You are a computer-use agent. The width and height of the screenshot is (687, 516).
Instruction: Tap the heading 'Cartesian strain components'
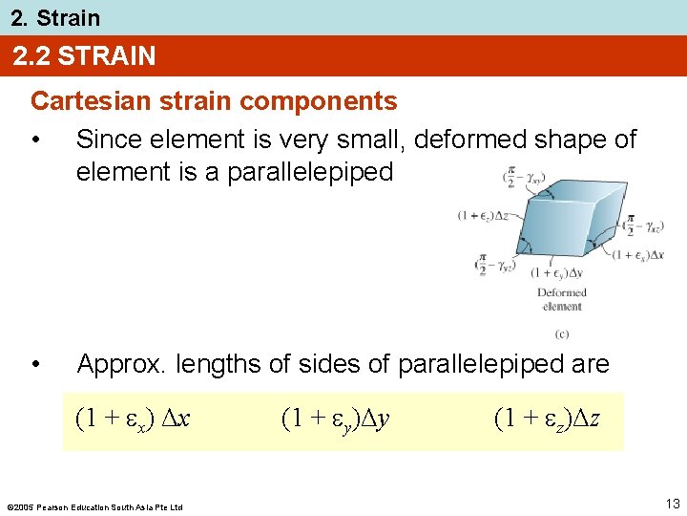pyautogui.click(x=214, y=100)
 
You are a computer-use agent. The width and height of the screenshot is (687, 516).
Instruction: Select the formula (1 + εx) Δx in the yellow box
pyautogui.click(x=133, y=419)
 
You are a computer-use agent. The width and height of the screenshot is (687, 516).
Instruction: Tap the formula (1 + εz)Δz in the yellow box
pyautogui.click(x=547, y=419)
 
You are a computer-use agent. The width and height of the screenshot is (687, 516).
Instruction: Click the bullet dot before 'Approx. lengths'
pyautogui.click(x=35, y=364)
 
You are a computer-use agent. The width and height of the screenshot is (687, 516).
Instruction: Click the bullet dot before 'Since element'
pyautogui.click(x=35, y=140)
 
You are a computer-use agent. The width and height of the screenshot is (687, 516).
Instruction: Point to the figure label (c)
pyautogui.click(x=561, y=333)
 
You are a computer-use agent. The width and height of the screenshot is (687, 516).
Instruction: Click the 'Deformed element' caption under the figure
pyautogui.click(x=561, y=299)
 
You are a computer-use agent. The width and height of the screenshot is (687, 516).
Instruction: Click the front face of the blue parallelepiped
pyautogui.click(x=554, y=230)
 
